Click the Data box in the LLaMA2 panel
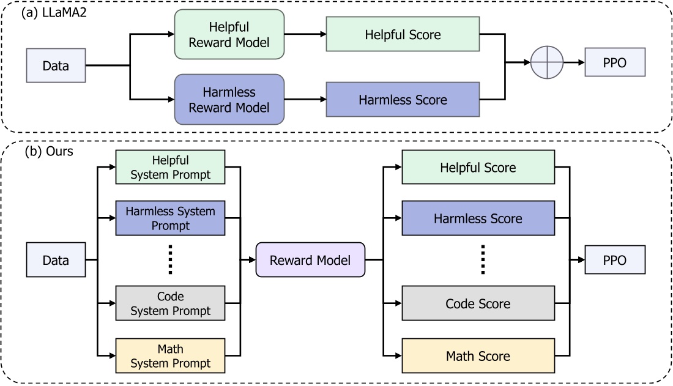point(55,65)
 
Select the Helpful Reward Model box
point(229,34)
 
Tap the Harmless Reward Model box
point(229,99)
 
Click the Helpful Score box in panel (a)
point(403,35)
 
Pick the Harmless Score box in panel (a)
point(403,99)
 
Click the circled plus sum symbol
point(546,62)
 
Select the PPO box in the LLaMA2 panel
point(615,63)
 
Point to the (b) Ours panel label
point(47,151)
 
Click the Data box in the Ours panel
point(55,260)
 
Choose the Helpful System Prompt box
point(171,167)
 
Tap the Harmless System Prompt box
point(171,218)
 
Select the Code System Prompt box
point(171,303)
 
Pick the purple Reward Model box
point(310,260)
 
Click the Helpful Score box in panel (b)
point(478,167)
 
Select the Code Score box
point(478,303)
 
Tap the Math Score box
point(478,355)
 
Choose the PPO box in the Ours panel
point(615,260)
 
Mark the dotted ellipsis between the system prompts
point(171,260)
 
